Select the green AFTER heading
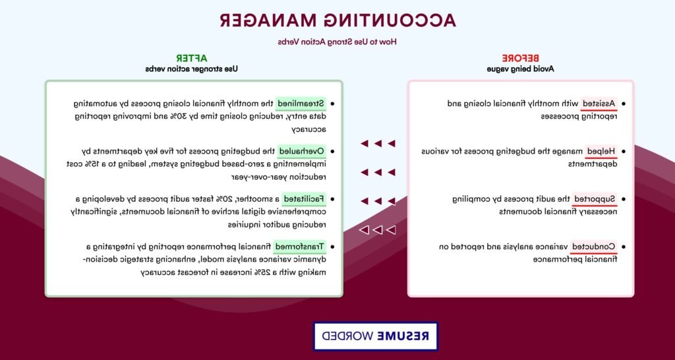[x=191, y=58]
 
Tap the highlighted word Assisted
[x=599, y=104]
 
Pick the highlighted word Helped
[x=601, y=151]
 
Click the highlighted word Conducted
[x=594, y=247]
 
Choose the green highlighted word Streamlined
[x=301, y=104]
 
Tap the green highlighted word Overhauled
[x=302, y=151]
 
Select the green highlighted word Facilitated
[x=304, y=199]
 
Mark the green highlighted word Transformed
[x=300, y=247]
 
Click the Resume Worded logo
[x=375, y=336]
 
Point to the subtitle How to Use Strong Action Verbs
[x=337, y=42]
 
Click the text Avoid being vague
[x=520, y=69]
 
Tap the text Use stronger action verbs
[x=191, y=69]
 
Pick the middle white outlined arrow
[x=378, y=230]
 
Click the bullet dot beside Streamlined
[x=332, y=104]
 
